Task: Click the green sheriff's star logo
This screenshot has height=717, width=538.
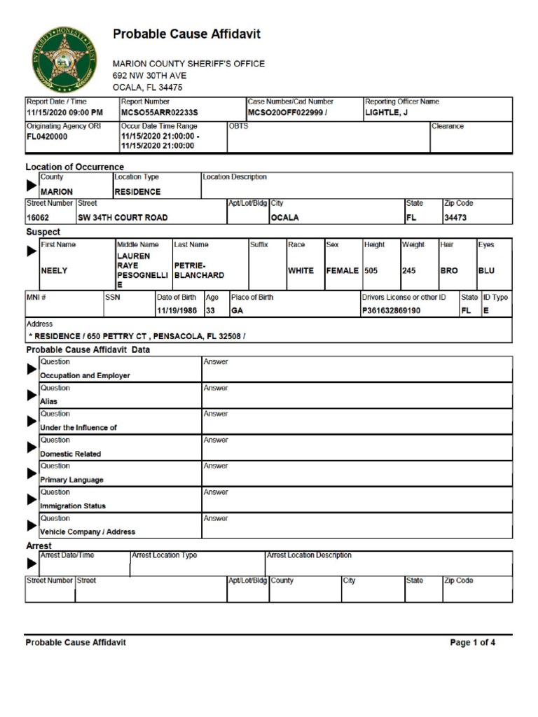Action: [x=64, y=60]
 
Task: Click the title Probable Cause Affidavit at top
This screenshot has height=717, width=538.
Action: [x=186, y=34]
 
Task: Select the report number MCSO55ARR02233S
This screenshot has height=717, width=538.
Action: [x=160, y=112]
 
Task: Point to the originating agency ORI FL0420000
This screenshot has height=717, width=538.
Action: [x=47, y=137]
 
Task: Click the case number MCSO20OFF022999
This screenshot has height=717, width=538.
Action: [x=285, y=112]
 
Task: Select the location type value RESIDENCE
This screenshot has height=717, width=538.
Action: [x=137, y=192]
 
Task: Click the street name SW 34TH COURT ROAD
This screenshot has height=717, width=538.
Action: [x=123, y=218]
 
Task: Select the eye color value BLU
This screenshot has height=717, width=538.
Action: [x=486, y=270]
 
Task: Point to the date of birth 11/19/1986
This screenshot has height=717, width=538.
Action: [x=177, y=310]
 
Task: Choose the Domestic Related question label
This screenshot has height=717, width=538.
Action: [x=70, y=454]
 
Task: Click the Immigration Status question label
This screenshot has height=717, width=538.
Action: [x=73, y=506]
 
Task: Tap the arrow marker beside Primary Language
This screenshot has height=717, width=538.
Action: [x=32, y=473]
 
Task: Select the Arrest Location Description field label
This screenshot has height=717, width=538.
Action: [x=309, y=555]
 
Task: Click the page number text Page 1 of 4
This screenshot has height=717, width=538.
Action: [x=472, y=643]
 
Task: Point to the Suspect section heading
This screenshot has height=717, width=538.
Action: [x=43, y=232]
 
